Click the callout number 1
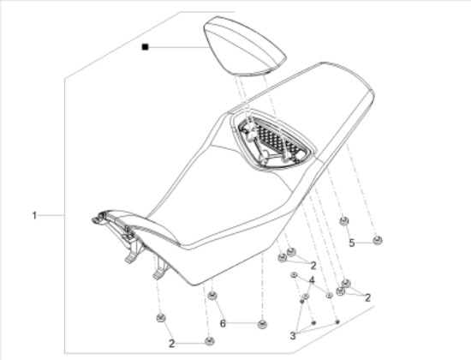[34, 215]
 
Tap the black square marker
[145, 47]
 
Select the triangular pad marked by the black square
[245, 45]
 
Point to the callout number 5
[352, 243]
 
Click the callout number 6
[223, 324]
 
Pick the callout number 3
[293, 336]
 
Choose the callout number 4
[312, 280]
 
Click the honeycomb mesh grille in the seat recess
[277, 140]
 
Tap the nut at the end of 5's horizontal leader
[377, 240]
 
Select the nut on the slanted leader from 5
[344, 221]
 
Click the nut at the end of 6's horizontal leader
[263, 324]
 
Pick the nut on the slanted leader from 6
[212, 296]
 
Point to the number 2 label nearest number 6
[171, 344]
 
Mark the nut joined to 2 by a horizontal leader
[209, 341]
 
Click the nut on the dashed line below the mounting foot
[161, 318]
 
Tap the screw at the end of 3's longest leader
[337, 321]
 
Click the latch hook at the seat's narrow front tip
[98, 218]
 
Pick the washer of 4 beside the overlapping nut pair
[329, 296]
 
